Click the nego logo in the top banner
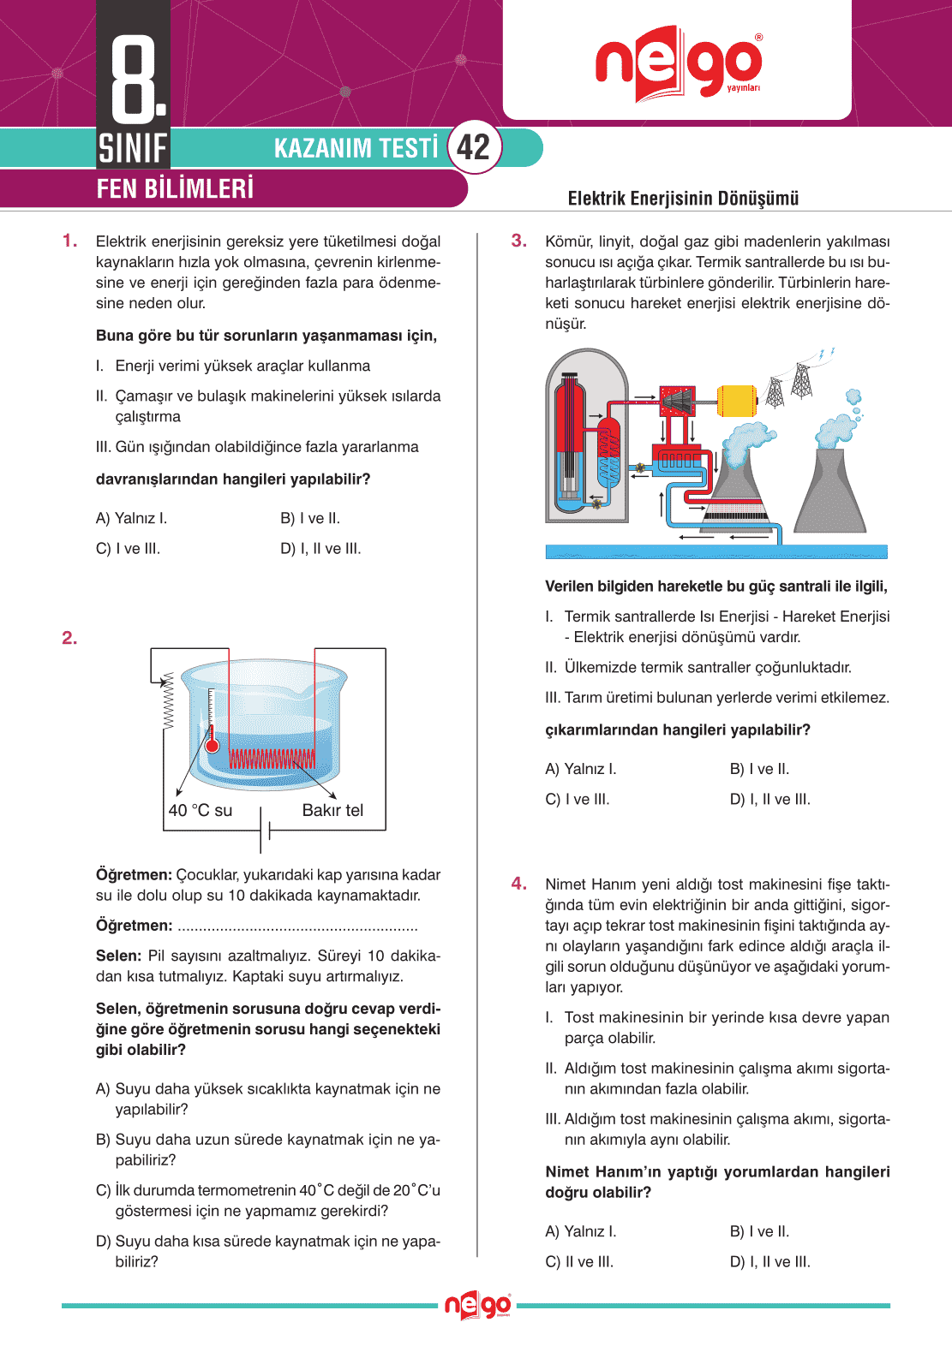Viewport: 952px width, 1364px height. [678, 63]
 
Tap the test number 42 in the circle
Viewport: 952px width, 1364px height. [474, 147]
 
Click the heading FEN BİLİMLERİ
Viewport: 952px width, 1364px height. [175, 188]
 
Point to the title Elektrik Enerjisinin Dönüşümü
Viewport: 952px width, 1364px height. [683, 199]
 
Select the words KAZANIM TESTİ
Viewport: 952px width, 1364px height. [356, 148]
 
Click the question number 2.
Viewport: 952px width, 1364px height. [69, 638]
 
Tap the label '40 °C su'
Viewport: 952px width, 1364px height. [201, 810]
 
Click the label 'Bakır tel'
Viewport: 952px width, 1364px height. [332, 810]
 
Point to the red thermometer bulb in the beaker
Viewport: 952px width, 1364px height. [212, 745]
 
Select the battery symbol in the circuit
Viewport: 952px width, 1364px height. [265, 830]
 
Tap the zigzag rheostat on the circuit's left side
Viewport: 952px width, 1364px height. [168, 700]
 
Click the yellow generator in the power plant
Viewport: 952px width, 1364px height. [736, 400]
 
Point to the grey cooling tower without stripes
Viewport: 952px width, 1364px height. [829, 492]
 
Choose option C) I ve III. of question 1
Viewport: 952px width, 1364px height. [129, 549]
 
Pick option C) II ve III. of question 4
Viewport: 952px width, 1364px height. [579, 1262]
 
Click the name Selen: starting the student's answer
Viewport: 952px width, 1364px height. [118, 956]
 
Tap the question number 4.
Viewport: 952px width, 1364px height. [519, 884]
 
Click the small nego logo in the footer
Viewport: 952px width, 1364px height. [477, 1306]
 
